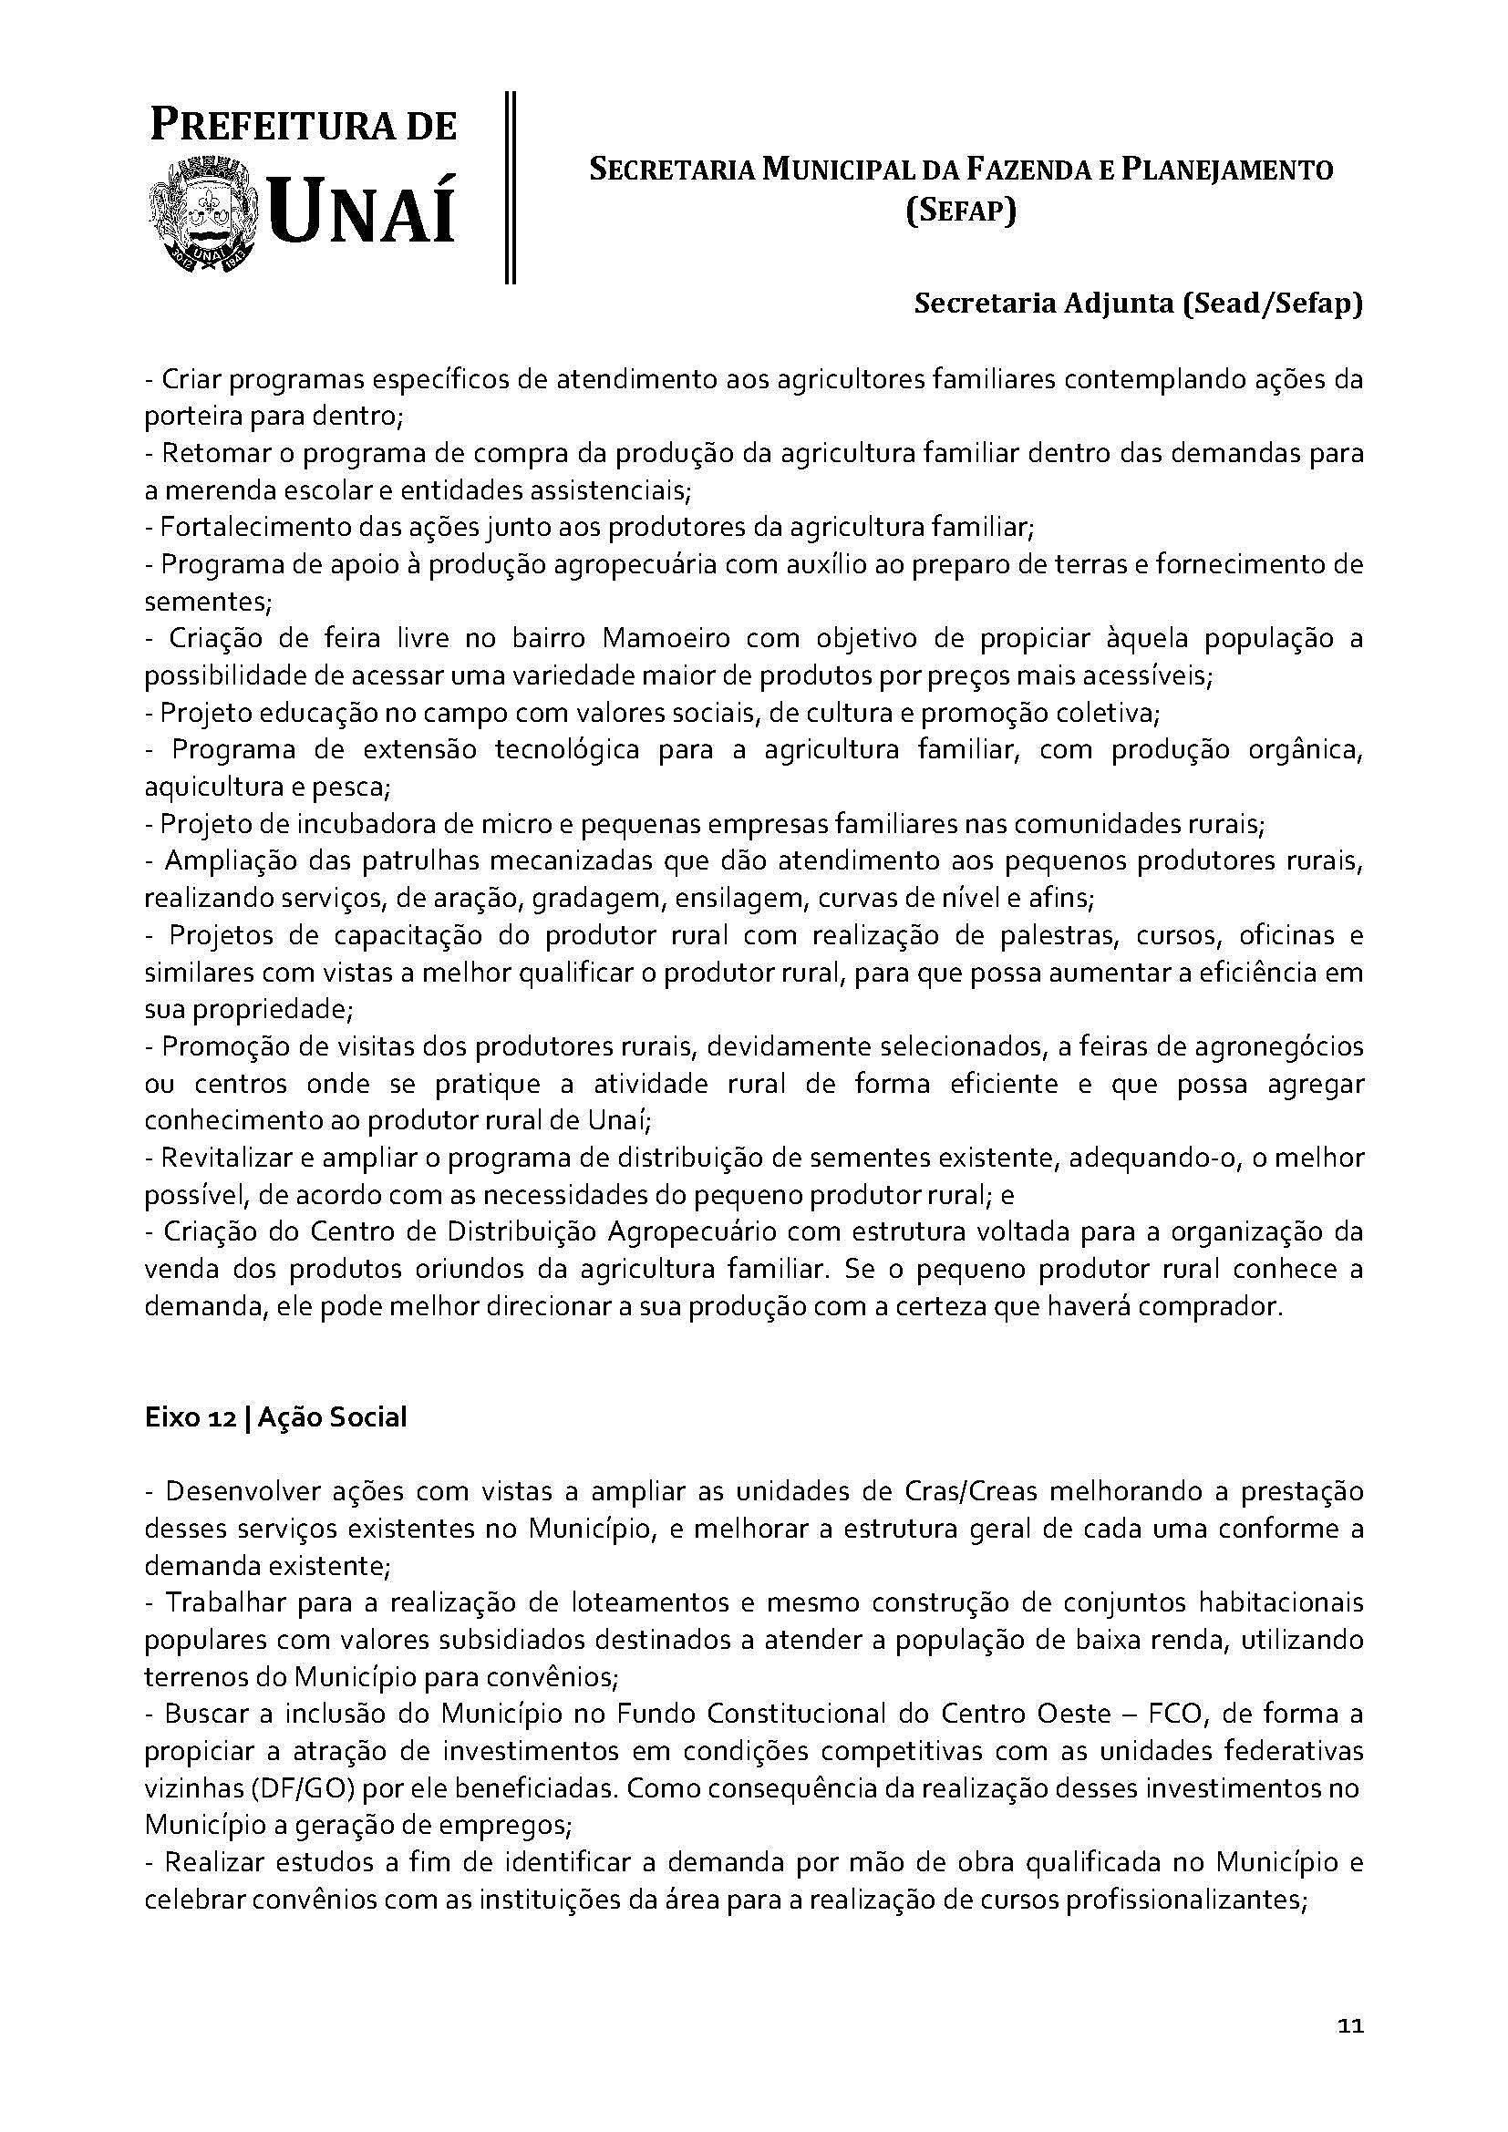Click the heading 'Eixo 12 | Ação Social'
(275, 1418)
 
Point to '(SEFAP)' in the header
(961, 212)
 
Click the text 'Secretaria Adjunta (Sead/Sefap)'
(1139, 304)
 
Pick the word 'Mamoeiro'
(662, 639)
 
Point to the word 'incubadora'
(354, 825)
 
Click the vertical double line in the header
(510, 187)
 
